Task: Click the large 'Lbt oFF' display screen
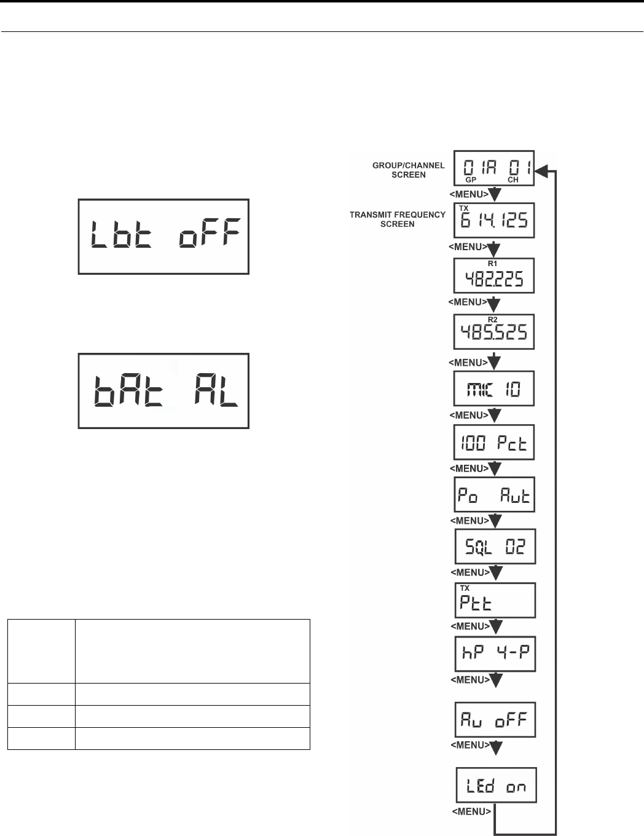point(163,236)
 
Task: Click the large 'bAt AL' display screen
point(163,390)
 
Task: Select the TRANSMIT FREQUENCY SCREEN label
point(398,219)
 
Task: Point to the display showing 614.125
point(494,220)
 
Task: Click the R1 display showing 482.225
point(494,275)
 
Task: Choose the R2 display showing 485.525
point(494,332)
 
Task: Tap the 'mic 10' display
point(494,388)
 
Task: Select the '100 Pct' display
point(494,442)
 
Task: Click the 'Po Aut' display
point(495,494)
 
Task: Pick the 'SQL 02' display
point(495,546)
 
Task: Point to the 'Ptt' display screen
point(495,600)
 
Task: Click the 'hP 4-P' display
point(495,653)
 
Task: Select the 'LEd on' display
point(496,785)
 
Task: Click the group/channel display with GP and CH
point(494,168)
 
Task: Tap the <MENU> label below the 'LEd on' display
point(471,811)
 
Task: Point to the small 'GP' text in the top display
point(470,180)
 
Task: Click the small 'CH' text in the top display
point(513,180)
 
